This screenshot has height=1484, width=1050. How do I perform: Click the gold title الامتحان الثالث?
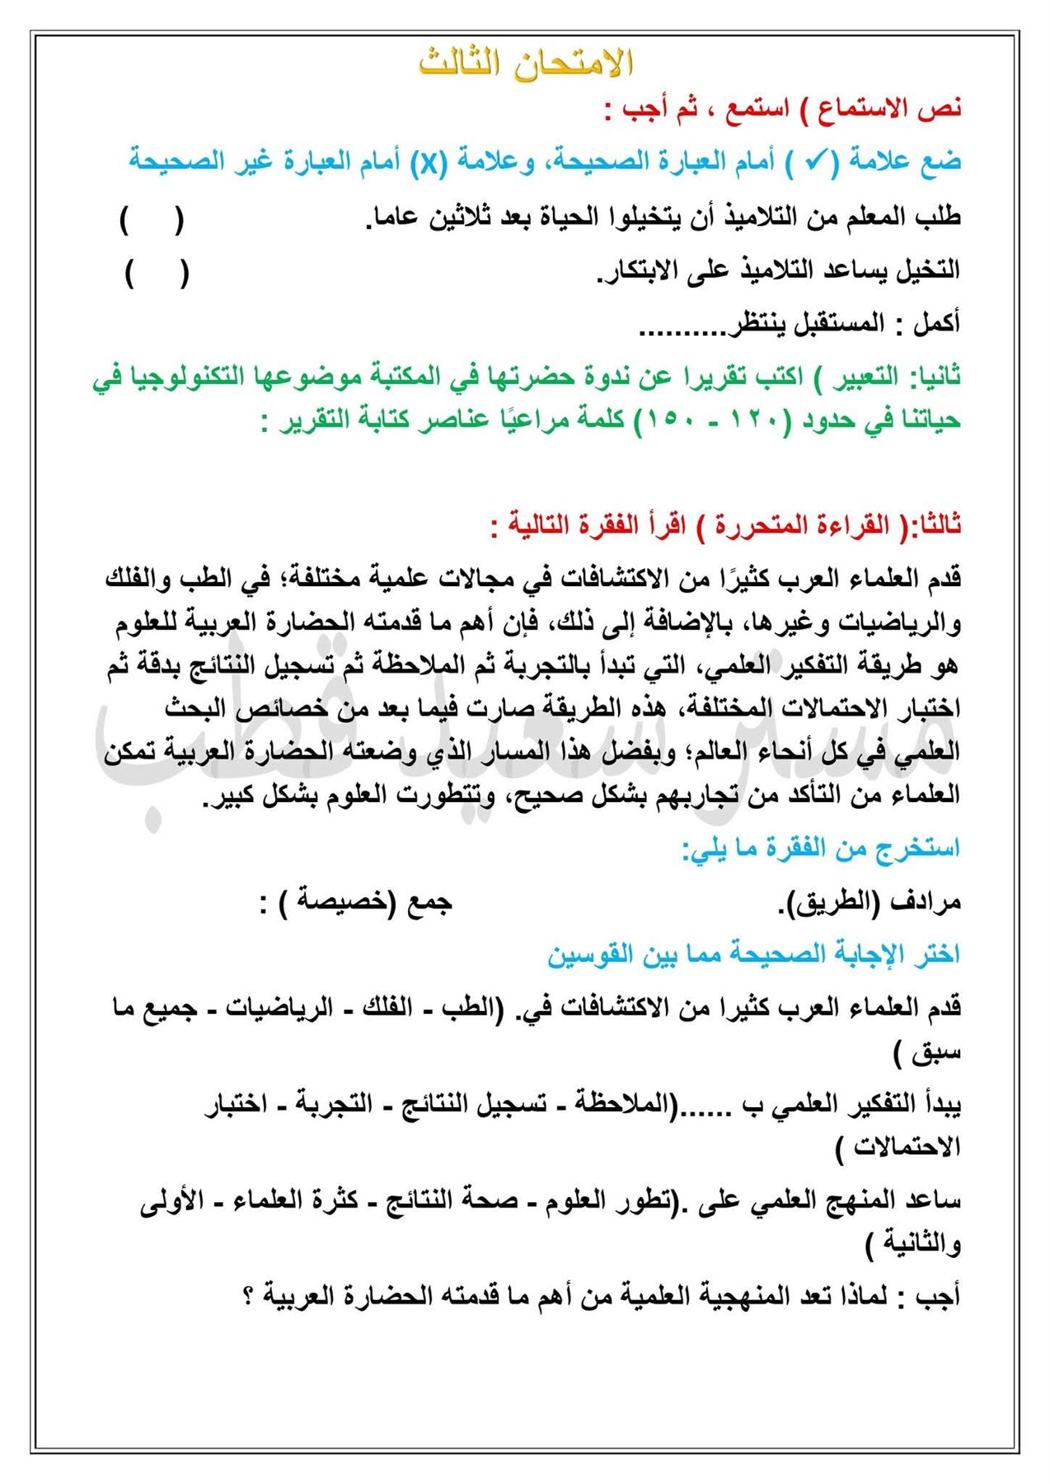coord(525,63)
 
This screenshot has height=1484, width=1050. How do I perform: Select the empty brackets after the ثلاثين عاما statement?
coord(152,219)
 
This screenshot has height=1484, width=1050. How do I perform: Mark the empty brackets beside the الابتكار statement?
coord(157,273)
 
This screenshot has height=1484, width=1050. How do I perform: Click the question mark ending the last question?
coord(248,1296)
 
